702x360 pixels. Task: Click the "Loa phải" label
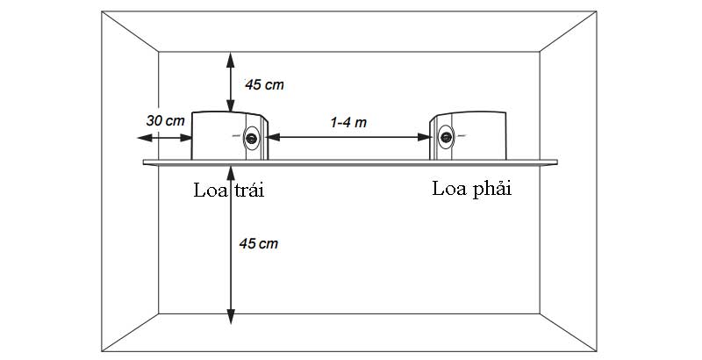point(470,188)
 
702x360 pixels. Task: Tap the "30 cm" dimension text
point(164,119)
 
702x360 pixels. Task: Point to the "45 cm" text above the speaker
point(264,85)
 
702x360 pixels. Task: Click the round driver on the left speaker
point(253,137)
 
